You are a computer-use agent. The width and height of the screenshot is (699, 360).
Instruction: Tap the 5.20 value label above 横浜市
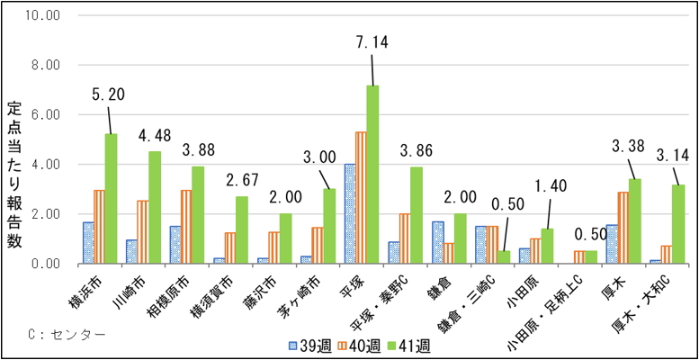tap(107, 94)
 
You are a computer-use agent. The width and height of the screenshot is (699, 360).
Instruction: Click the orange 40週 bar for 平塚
tap(361, 197)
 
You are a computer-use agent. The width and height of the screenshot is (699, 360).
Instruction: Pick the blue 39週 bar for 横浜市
tap(88, 243)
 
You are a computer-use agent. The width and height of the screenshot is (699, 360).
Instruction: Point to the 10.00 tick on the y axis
tap(40, 16)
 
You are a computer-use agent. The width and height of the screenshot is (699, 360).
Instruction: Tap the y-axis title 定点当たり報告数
tap(14, 180)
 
